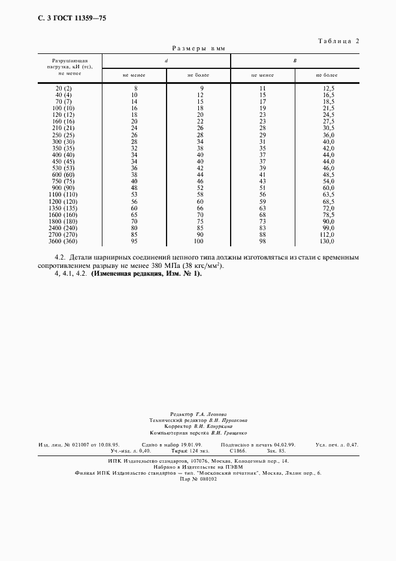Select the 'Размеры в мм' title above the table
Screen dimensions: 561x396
pos(198,49)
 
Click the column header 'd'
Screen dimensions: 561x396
pos(166,61)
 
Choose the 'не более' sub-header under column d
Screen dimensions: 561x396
pos(198,76)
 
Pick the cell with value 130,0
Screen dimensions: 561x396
pos(327,242)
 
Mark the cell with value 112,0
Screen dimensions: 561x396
pos(327,235)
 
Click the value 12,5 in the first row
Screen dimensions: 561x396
pos(328,88)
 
